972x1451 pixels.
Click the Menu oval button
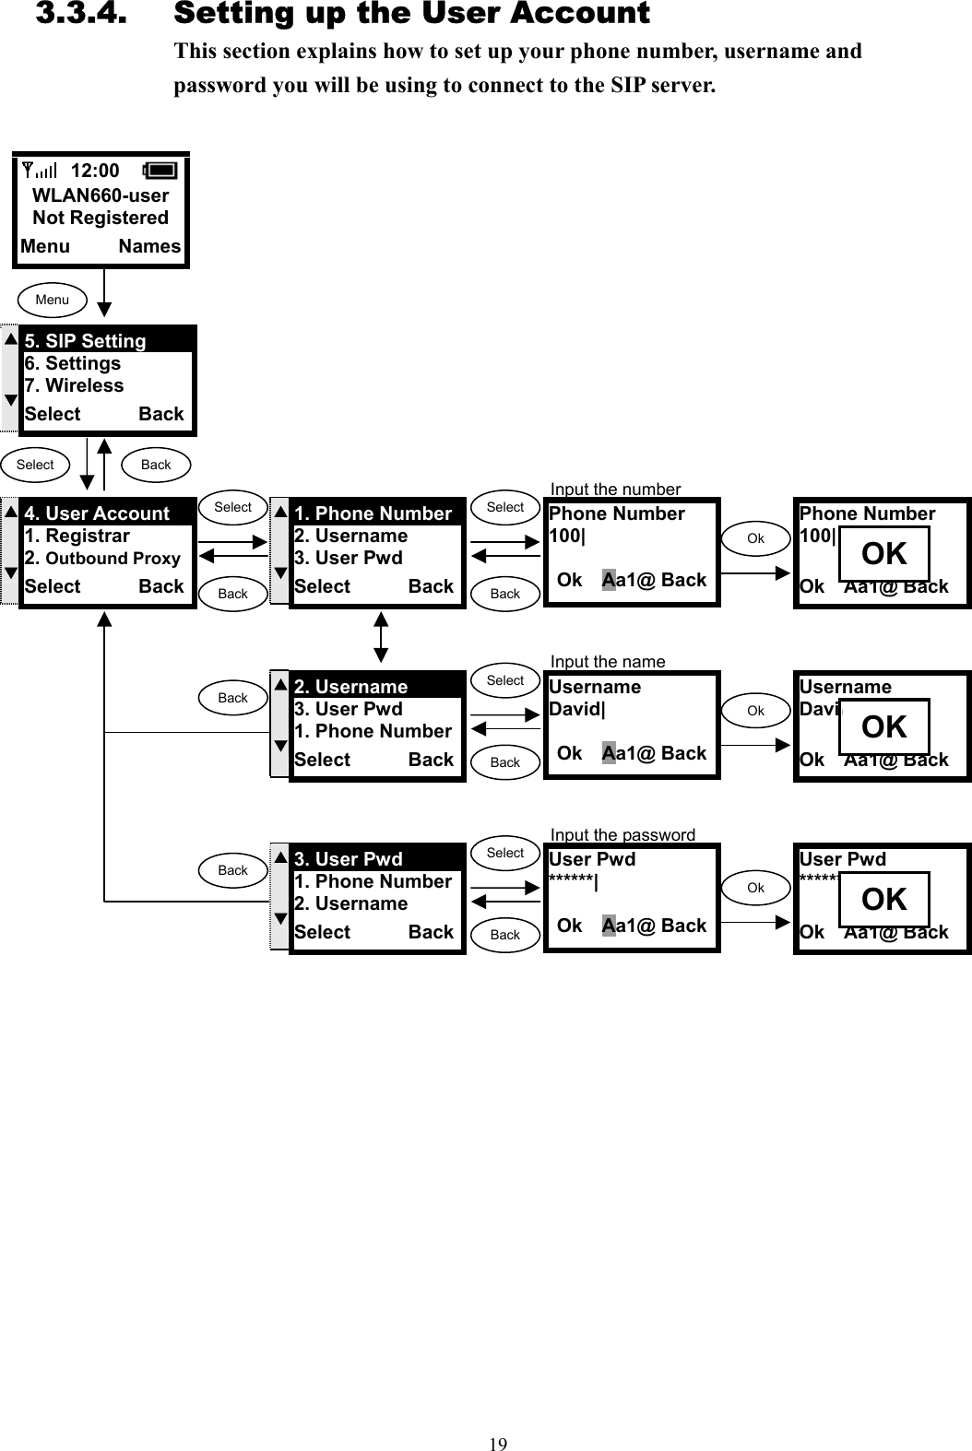tap(53, 300)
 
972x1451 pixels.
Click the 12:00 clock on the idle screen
tap(95, 171)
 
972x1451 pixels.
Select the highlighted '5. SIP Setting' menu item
tap(86, 341)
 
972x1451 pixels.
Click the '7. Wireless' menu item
tap(74, 385)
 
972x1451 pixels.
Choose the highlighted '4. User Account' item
tap(97, 513)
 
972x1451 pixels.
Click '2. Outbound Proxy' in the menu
tap(102, 558)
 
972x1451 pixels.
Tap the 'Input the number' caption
tap(615, 489)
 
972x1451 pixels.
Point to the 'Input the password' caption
tap(622, 834)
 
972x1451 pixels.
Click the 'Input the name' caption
tap(608, 661)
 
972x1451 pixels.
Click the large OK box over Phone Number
tap(883, 554)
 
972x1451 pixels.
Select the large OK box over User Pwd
tap(883, 900)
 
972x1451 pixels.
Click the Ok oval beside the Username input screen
tap(755, 711)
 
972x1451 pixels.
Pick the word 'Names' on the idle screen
tap(149, 246)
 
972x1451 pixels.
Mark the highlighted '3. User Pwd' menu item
tap(349, 859)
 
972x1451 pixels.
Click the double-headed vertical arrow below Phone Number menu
tap(381, 636)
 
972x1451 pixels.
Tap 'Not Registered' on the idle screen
tap(101, 218)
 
